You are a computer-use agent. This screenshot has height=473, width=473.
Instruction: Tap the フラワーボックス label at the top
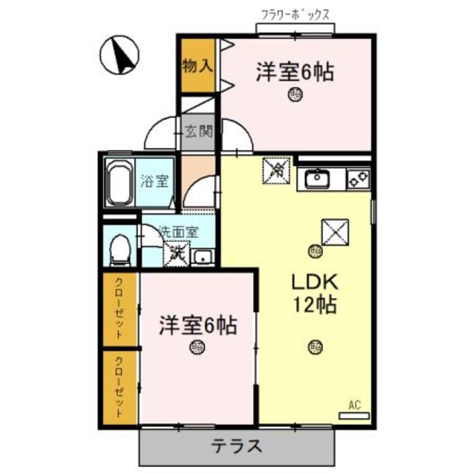(x=296, y=14)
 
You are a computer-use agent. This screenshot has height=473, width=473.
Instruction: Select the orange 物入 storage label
(x=197, y=66)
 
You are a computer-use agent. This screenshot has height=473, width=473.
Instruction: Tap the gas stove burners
(x=359, y=179)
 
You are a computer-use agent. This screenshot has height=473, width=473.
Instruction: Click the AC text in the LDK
(x=353, y=405)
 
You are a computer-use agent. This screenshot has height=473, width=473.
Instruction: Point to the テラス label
(x=236, y=447)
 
